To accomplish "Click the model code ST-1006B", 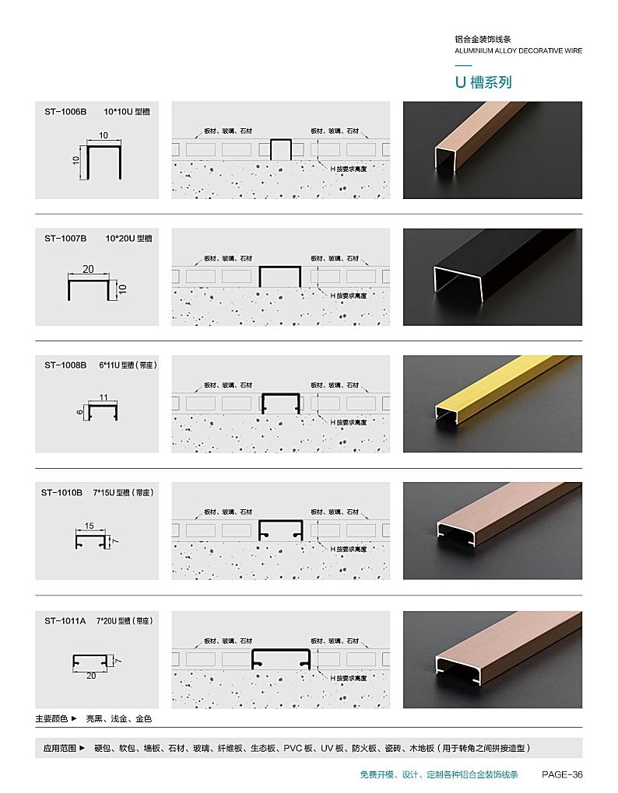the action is click(65, 112).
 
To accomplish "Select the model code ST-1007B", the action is click(65, 238).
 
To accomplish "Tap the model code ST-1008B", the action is click(65, 365).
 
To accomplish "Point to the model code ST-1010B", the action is click(61, 493).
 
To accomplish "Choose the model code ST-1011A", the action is click(65, 621).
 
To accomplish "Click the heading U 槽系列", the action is click(483, 82).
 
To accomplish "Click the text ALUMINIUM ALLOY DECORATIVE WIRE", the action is click(518, 51).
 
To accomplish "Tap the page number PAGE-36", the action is click(562, 774).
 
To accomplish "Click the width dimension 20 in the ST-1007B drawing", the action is click(88, 269).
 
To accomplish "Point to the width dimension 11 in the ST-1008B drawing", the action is click(104, 397).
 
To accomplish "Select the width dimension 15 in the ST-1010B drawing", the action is click(89, 526).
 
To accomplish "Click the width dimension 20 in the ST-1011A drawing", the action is click(91, 676).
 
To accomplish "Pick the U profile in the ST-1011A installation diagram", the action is click(281, 650).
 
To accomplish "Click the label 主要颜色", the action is click(51, 718).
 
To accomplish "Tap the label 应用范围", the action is click(60, 748).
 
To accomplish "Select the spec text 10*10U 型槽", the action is click(127, 112).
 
